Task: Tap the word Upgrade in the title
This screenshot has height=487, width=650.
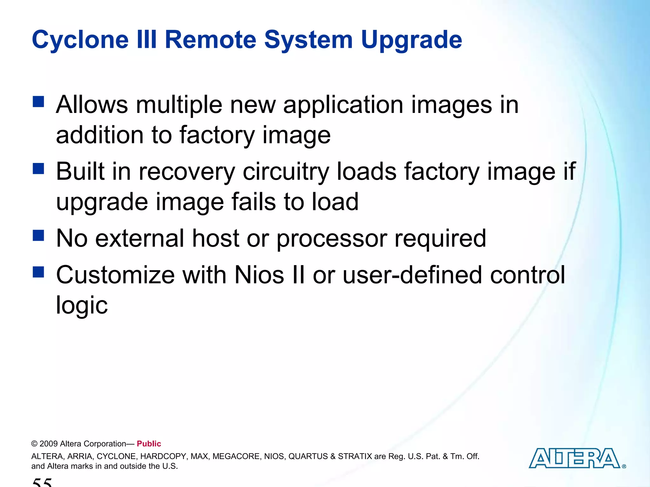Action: [411, 41]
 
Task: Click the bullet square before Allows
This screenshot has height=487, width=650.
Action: [38, 102]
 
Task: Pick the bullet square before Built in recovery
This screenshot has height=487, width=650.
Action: [38, 169]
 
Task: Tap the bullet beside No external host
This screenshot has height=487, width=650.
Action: [38, 236]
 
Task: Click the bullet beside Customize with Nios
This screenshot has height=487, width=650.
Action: [38, 272]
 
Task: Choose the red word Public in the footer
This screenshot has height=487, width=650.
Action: [149, 444]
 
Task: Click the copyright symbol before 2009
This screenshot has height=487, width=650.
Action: [34, 444]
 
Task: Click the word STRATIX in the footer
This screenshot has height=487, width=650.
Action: [355, 456]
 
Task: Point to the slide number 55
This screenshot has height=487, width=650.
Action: [42, 482]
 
